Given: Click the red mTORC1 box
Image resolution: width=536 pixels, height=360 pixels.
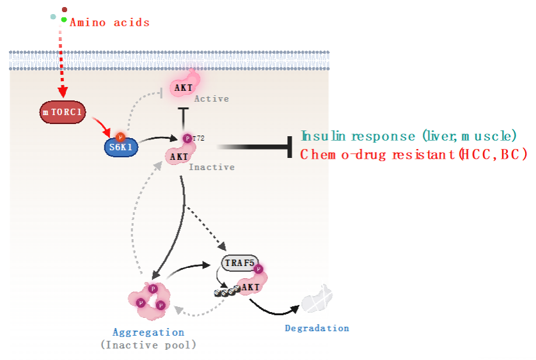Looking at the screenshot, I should pyautogui.click(x=62, y=113).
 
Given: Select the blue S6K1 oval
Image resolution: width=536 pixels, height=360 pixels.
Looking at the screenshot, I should pyautogui.click(x=122, y=147).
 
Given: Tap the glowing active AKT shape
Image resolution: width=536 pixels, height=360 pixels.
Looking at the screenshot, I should pyautogui.click(x=184, y=85).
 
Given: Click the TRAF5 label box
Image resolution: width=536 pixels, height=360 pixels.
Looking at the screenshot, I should pyautogui.click(x=238, y=263).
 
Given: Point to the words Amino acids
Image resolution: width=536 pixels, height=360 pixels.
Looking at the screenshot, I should pyautogui.click(x=109, y=22).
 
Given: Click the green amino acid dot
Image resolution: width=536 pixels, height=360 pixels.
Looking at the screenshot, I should pyautogui.click(x=64, y=20).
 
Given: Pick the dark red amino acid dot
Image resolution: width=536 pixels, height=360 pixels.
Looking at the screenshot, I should pyautogui.click(x=65, y=10).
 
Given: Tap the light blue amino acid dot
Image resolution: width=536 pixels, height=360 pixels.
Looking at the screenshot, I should pyautogui.click(x=53, y=17).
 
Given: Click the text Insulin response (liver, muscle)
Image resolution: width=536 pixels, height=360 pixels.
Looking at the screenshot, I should pyautogui.click(x=409, y=136).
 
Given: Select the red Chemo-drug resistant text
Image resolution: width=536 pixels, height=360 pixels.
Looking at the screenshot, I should pyautogui.click(x=413, y=154).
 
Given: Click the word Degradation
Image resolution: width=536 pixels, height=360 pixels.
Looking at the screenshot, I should pyautogui.click(x=317, y=328).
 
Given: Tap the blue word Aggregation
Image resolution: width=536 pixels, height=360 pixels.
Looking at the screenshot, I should pyautogui.click(x=148, y=332).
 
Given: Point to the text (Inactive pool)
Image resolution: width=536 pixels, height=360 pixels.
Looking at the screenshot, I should pyautogui.click(x=148, y=345).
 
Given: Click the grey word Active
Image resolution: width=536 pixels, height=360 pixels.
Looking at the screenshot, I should pyautogui.click(x=211, y=99).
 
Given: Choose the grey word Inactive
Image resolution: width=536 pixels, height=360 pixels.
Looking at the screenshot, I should pyautogui.click(x=211, y=167).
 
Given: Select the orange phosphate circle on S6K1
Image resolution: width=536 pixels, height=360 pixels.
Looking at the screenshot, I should pyautogui.click(x=120, y=137).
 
